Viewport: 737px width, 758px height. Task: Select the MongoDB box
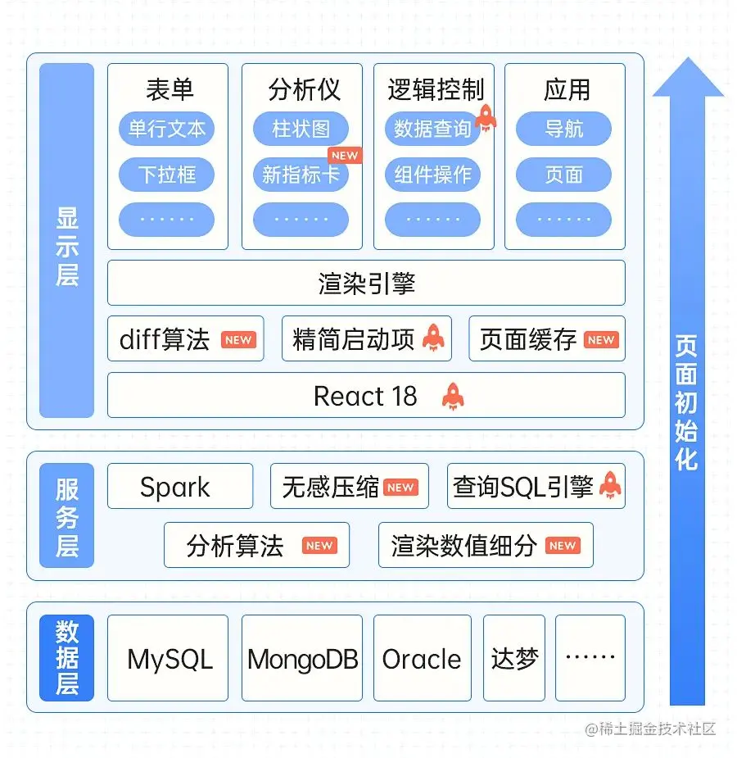click(302, 659)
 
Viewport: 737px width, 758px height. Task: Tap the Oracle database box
click(422, 659)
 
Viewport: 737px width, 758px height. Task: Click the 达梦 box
click(514, 659)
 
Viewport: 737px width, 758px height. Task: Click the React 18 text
click(365, 397)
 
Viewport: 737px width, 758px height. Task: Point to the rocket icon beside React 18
click(452, 397)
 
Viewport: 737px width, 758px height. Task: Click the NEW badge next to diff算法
click(238, 340)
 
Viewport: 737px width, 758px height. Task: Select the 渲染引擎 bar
click(366, 284)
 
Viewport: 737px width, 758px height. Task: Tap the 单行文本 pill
click(167, 129)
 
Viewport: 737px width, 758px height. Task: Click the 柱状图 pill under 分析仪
click(301, 129)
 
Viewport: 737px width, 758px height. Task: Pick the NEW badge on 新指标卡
click(344, 155)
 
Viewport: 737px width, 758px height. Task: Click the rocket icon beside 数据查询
click(485, 118)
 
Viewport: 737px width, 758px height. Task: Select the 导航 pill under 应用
click(563, 129)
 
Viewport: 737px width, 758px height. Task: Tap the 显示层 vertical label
click(67, 246)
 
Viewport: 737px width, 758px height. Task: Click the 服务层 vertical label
click(67, 516)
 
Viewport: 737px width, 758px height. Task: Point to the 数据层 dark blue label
click(67, 658)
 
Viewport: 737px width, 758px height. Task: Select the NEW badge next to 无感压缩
click(400, 488)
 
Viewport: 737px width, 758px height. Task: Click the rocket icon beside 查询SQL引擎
click(609, 486)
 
